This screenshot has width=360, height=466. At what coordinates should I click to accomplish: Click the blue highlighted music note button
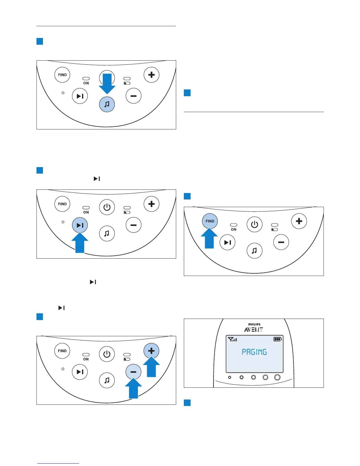[x=107, y=104]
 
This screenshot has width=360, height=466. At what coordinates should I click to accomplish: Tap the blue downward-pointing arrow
[x=107, y=84]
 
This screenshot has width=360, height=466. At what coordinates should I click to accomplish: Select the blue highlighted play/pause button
[x=80, y=225]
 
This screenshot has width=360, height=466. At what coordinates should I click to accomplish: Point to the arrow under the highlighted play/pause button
[x=80, y=243]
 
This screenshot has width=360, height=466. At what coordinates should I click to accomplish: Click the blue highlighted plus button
[x=151, y=351]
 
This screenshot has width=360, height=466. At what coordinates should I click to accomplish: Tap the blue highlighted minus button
[x=133, y=372]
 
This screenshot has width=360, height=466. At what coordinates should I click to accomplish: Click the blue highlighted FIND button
[x=210, y=221]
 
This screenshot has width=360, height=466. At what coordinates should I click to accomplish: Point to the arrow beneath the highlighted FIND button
[x=209, y=238]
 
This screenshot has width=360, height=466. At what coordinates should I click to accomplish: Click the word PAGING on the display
[x=254, y=352]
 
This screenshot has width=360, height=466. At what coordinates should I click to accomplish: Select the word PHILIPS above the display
[x=254, y=324]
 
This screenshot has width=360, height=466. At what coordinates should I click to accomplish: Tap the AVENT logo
[x=254, y=329]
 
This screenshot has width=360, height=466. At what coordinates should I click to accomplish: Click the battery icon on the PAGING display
[x=278, y=339]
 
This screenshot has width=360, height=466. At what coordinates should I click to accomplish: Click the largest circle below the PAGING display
[x=277, y=377]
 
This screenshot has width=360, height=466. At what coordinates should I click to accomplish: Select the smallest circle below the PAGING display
[x=230, y=377]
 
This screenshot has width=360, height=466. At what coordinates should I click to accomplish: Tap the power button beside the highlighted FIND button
[x=254, y=225]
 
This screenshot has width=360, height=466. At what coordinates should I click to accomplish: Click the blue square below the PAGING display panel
[x=187, y=402]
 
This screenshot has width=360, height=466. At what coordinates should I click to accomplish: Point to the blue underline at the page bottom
[x=58, y=463]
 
